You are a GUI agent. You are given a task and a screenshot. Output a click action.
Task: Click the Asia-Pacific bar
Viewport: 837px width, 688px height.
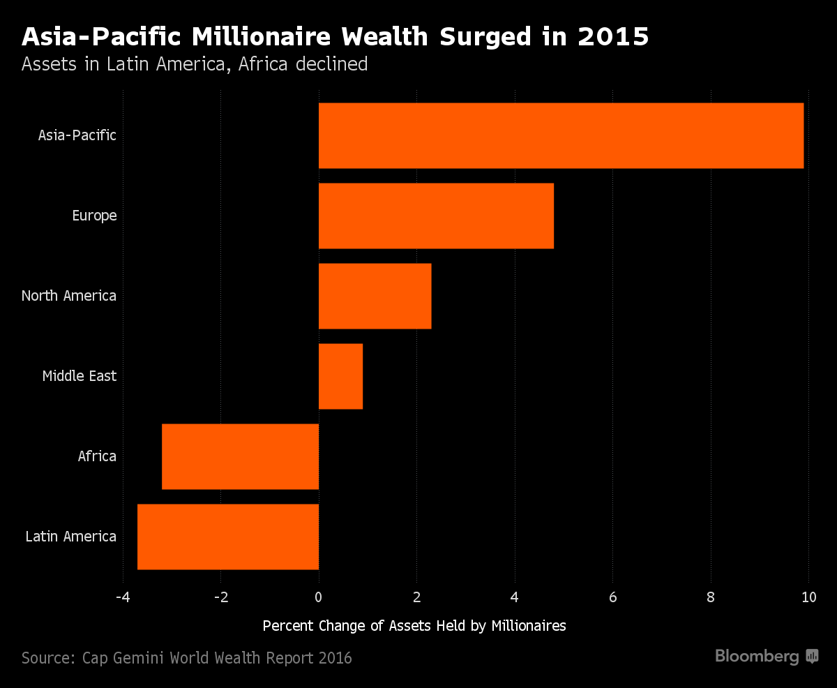tap(561, 135)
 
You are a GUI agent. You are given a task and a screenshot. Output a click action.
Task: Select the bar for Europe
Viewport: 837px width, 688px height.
tap(436, 216)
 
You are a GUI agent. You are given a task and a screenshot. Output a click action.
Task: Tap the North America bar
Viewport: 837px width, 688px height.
tap(375, 296)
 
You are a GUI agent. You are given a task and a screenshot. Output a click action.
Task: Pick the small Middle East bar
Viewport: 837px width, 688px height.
tap(340, 376)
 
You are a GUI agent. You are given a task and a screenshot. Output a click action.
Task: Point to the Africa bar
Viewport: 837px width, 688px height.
tap(240, 456)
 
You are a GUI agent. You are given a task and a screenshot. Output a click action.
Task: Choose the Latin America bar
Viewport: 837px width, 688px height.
tap(228, 537)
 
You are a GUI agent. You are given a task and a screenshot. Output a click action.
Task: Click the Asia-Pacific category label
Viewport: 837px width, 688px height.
tap(77, 135)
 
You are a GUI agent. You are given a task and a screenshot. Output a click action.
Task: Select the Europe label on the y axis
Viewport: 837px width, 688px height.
tap(94, 216)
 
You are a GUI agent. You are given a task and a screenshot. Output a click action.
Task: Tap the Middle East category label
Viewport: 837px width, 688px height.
tap(79, 376)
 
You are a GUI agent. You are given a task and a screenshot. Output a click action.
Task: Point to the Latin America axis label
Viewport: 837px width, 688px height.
tap(70, 537)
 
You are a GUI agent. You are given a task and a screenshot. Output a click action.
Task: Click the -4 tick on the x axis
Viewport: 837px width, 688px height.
tap(123, 597)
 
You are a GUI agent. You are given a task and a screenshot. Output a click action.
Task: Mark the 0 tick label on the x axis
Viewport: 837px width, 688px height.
tap(319, 597)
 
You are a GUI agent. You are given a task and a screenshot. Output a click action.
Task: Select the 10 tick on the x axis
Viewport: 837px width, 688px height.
tap(808, 597)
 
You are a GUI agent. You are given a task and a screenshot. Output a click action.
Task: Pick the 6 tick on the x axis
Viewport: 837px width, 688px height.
tap(612, 597)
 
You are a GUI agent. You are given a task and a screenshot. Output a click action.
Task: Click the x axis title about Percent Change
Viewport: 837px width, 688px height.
tap(414, 626)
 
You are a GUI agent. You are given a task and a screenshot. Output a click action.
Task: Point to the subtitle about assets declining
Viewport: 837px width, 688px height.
tap(195, 64)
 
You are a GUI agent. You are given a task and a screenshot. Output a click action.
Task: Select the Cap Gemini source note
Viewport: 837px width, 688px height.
tap(186, 657)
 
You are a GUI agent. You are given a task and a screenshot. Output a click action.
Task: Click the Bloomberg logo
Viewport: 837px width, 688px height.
tap(766, 657)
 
